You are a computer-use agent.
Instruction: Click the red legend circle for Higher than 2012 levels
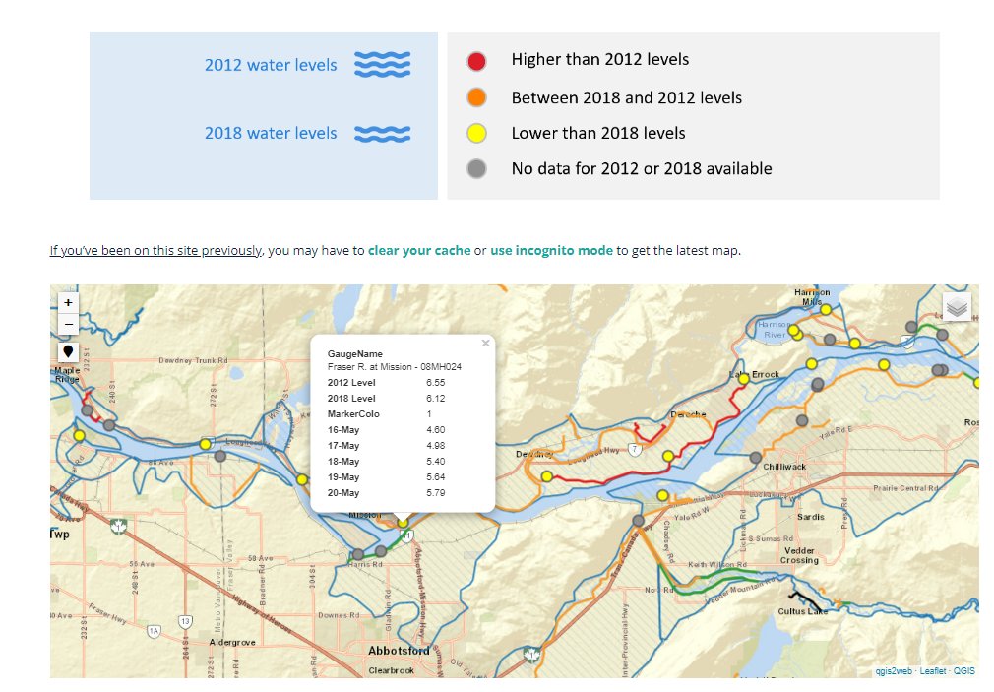pyautogui.click(x=476, y=61)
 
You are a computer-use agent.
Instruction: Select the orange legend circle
pyautogui.click(x=476, y=97)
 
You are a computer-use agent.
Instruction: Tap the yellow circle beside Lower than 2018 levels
pyautogui.click(x=476, y=133)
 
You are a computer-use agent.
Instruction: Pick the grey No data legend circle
pyautogui.click(x=476, y=168)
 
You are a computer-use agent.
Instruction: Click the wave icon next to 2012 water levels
pyautogui.click(x=382, y=65)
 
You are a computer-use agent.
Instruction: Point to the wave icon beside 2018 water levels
pyautogui.click(x=382, y=133)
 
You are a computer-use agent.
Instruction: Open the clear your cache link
pyautogui.click(x=419, y=251)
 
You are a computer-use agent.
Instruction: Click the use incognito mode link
pyautogui.click(x=551, y=251)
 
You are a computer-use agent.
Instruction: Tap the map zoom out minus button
pyautogui.click(x=68, y=325)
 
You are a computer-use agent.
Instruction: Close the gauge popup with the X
pyautogui.click(x=485, y=344)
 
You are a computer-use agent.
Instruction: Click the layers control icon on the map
pyautogui.click(x=957, y=307)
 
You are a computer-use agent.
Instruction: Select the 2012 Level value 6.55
pyautogui.click(x=436, y=382)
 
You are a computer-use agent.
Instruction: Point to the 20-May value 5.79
pyautogui.click(x=436, y=492)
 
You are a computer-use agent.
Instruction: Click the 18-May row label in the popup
pyautogui.click(x=343, y=461)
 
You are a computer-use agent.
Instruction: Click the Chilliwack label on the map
pyautogui.click(x=784, y=467)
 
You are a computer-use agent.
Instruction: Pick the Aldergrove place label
pyautogui.click(x=233, y=642)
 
